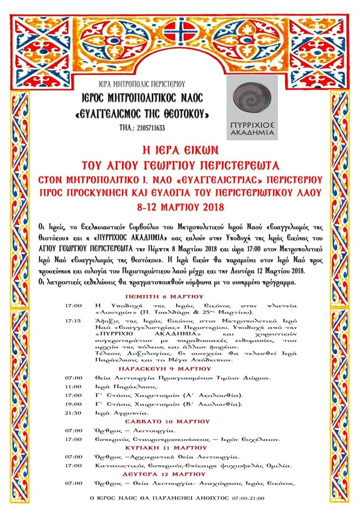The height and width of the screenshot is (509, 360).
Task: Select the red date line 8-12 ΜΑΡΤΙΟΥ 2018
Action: (180, 208)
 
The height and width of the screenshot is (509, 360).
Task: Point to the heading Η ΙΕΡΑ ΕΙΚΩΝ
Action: (180, 151)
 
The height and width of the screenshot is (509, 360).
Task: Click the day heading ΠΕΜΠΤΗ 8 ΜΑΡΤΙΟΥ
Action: (180, 296)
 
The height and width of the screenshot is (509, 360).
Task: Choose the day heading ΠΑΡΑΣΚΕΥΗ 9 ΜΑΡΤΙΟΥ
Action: (180, 370)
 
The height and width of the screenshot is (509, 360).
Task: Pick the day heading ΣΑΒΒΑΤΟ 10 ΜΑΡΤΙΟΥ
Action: (180, 421)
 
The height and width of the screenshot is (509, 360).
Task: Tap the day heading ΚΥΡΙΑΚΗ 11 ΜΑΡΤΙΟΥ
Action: (180, 447)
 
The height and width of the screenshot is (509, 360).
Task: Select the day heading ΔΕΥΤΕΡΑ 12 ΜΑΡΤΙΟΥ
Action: (180, 473)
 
